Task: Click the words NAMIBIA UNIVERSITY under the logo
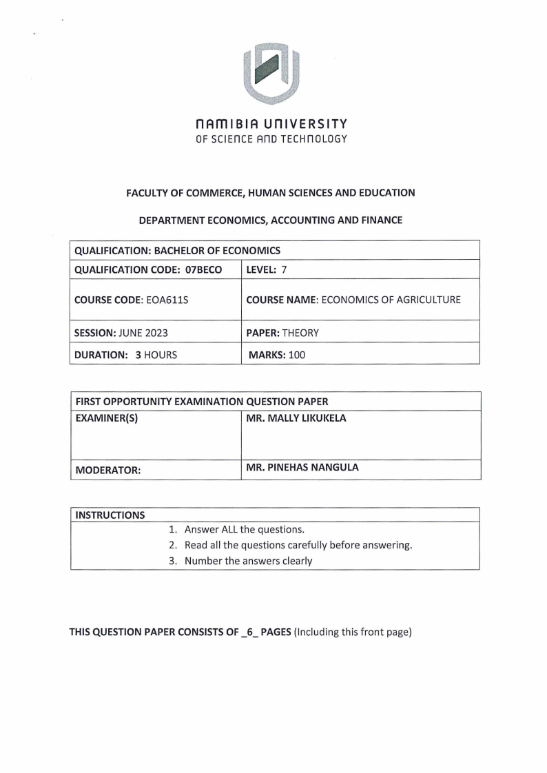pyautogui.click(x=273, y=124)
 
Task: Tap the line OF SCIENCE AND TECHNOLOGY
pyautogui.click(x=273, y=138)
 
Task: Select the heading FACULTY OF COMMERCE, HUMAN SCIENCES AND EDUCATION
pyautogui.click(x=271, y=193)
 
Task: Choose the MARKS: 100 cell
pyautogui.click(x=278, y=355)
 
